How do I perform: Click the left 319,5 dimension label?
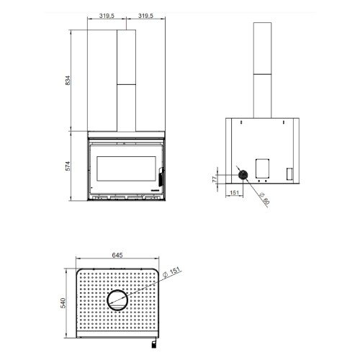click(x=107, y=16)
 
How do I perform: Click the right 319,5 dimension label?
click(x=145, y=16)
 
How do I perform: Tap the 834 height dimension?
click(x=68, y=81)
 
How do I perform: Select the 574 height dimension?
click(x=68, y=166)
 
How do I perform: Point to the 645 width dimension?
click(x=117, y=255)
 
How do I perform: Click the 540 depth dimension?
click(x=63, y=303)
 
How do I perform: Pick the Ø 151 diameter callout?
click(x=171, y=272)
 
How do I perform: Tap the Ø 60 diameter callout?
click(x=265, y=197)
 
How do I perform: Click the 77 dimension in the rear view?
click(x=215, y=179)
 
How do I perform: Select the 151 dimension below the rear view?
click(x=234, y=192)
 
